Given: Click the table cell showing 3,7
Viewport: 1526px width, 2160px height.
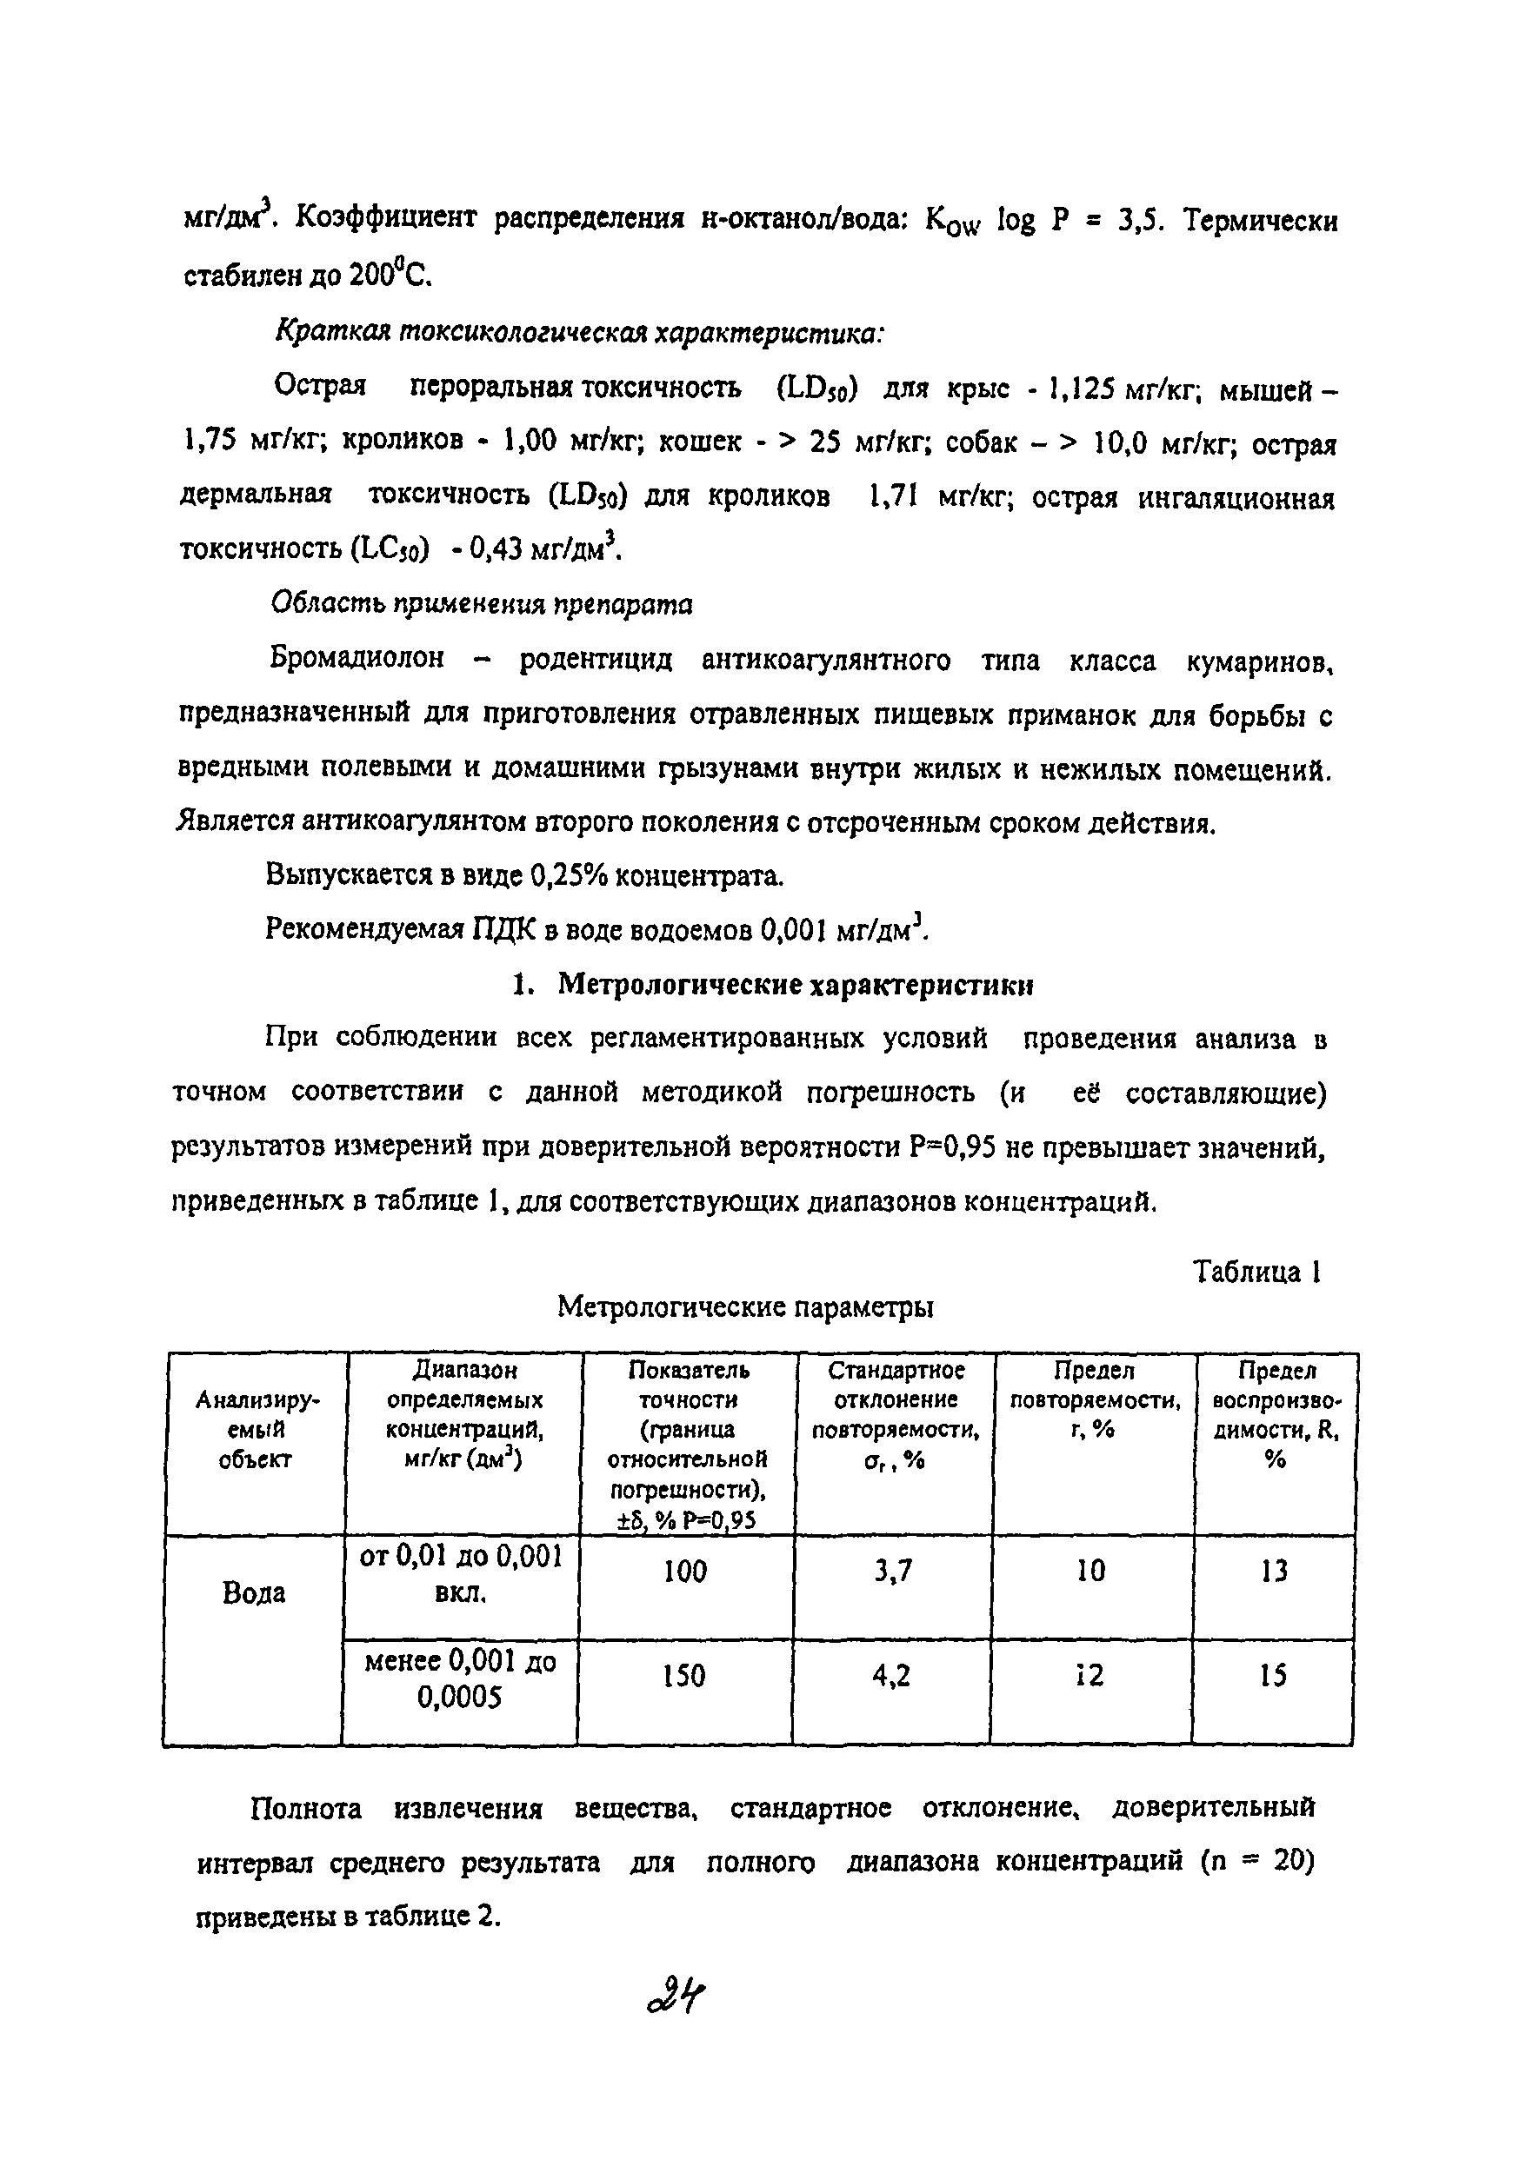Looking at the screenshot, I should [892, 1571].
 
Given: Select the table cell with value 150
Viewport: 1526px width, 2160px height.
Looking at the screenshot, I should [683, 1676].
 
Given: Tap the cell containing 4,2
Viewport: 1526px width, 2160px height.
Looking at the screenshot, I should [891, 1676].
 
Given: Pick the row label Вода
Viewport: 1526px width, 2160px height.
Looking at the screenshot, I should [254, 1592].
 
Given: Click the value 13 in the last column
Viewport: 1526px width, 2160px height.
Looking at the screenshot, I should [1274, 1571].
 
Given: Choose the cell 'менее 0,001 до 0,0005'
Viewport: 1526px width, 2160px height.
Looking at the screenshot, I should [460, 1679].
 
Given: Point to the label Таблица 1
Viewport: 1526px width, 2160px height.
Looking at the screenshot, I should [1257, 1273].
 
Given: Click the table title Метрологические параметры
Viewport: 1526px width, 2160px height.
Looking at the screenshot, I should [745, 1306].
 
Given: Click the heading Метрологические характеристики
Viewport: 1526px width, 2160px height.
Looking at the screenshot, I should [795, 985].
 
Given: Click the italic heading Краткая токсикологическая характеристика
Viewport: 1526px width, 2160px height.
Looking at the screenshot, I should [578, 333].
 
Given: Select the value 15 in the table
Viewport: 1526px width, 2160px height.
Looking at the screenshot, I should [1273, 1676].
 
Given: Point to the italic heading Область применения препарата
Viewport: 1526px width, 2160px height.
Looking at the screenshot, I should [482, 604].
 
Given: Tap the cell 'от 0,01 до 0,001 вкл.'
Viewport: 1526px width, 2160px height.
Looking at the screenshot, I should [460, 1574].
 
